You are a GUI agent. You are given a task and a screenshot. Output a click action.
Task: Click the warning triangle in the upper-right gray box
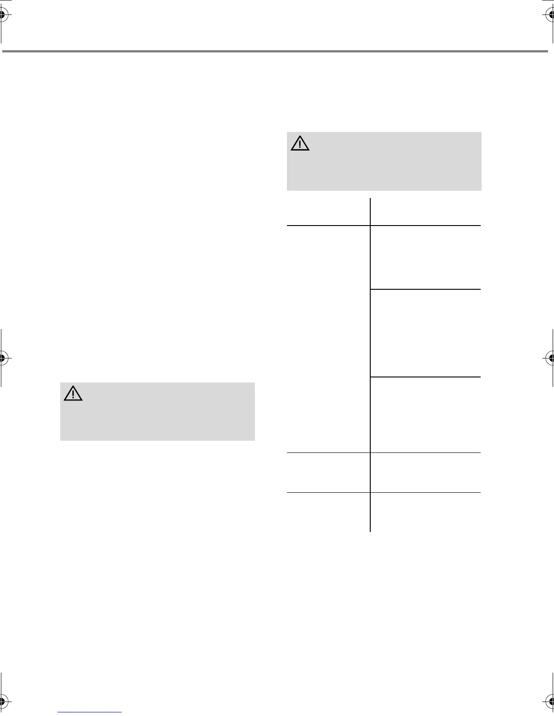[x=300, y=143]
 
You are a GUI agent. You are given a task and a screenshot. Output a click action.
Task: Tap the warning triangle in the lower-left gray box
[x=73, y=394]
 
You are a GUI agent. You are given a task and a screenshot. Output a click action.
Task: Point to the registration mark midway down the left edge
[x=3, y=358]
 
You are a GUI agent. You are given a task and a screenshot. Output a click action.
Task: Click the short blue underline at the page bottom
[x=90, y=712]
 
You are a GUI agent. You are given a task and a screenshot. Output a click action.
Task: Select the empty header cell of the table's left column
[x=329, y=212]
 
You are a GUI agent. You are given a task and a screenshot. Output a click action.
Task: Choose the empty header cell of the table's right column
[x=425, y=212]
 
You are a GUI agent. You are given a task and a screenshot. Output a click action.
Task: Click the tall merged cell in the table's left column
[x=329, y=339]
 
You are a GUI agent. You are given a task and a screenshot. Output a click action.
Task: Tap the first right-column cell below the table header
[x=425, y=257]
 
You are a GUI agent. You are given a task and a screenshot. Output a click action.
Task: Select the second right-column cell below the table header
[x=425, y=333]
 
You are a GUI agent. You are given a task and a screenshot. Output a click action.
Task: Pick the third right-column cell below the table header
[x=425, y=415]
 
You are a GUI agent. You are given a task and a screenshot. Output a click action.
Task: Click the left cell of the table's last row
[x=329, y=512]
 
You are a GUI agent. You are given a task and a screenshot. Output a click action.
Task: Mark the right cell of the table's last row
[x=425, y=512]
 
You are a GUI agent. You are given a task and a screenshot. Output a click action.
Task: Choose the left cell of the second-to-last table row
[x=329, y=472]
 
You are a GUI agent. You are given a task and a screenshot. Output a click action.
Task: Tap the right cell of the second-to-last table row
[x=425, y=472]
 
